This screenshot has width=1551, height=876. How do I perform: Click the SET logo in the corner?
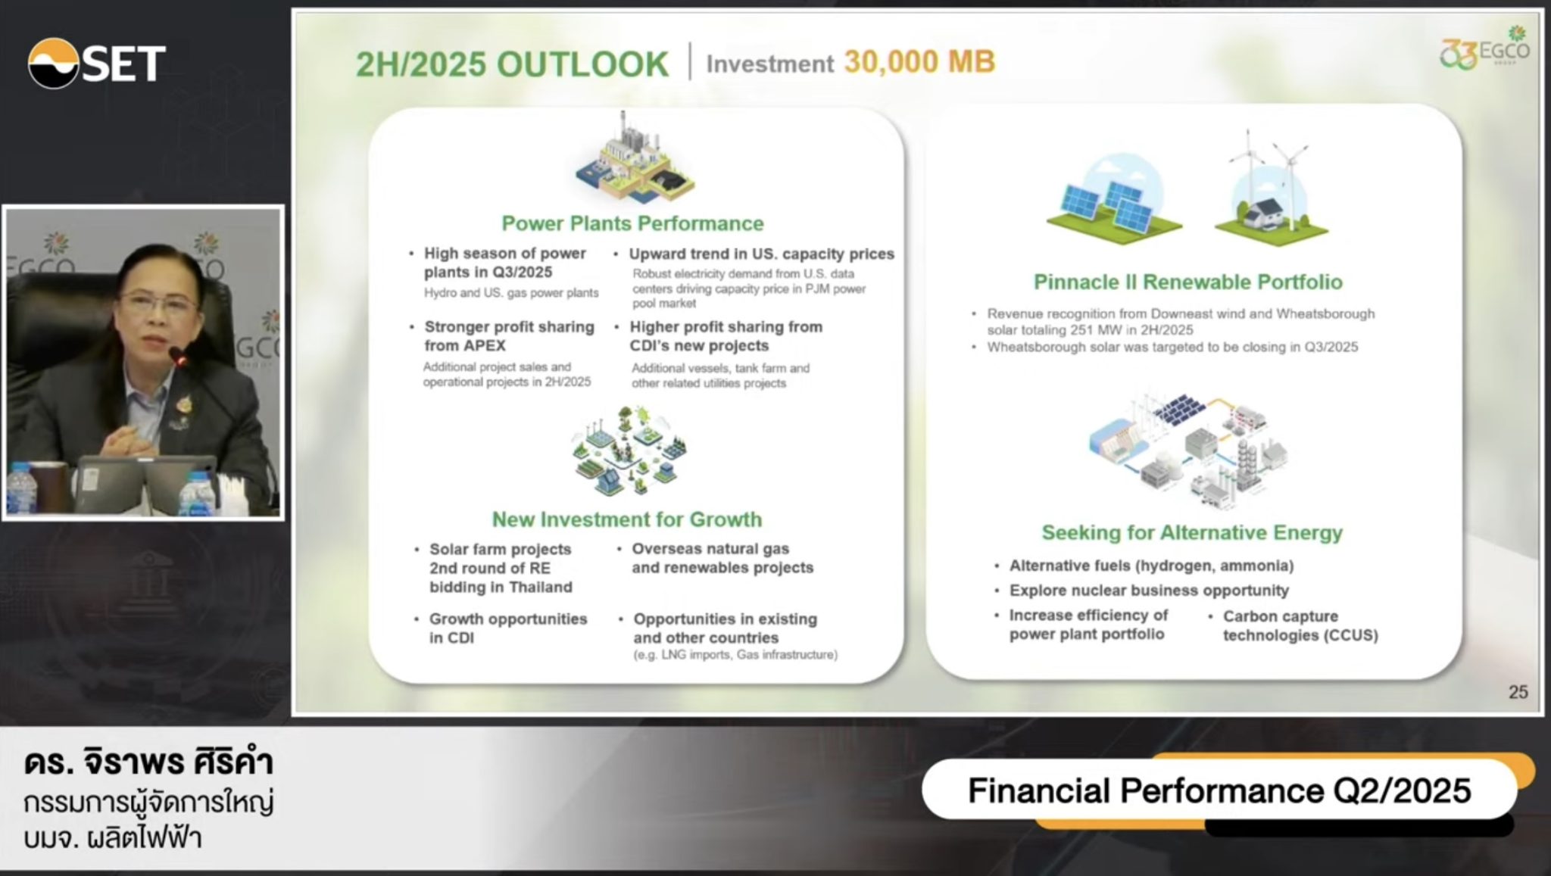97,63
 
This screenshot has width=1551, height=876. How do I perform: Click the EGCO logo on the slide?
1485,49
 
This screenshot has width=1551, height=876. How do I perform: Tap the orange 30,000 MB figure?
919,62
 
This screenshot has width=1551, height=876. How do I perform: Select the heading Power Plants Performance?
632,223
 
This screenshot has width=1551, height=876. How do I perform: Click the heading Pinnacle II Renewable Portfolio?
1187,282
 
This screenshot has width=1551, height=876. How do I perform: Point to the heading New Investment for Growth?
627,519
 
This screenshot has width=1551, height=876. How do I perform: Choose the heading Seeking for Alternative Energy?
1192,532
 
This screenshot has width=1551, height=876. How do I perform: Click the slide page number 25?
1518,692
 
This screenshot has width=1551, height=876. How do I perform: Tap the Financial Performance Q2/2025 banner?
1219,790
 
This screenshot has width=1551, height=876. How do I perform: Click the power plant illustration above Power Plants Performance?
634,158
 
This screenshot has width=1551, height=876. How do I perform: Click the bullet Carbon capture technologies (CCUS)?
1300,625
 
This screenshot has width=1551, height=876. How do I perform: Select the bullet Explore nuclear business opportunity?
1149,591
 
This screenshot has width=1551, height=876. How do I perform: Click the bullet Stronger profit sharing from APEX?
509,336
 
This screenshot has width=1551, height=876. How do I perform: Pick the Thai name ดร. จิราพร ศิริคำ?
148,762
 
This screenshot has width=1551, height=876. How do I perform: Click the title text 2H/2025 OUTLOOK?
513,64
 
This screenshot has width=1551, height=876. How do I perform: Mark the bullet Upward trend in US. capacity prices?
761,254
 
